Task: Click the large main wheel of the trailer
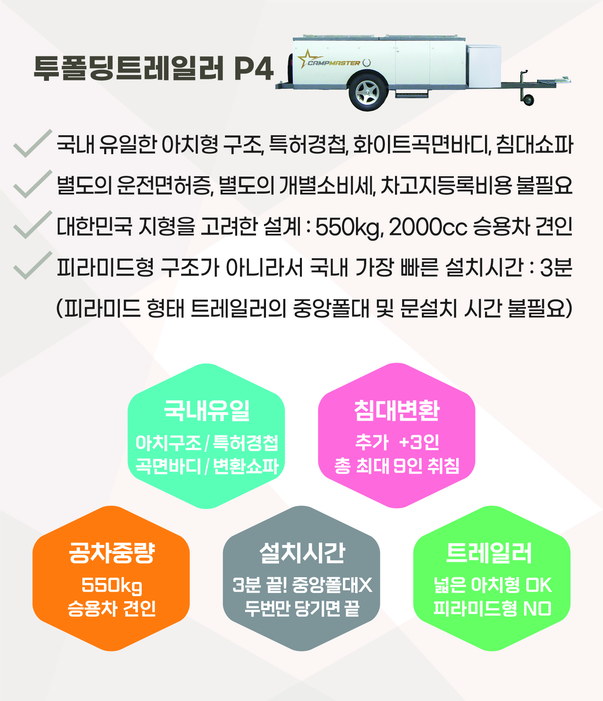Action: (x=367, y=93)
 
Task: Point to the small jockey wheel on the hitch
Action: (x=528, y=100)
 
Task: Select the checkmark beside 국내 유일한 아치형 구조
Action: (x=32, y=144)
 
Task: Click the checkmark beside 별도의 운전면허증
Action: (x=32, y=185)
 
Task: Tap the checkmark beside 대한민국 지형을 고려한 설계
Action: (x=32, y=225)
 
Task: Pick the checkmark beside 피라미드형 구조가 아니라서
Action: (x=32, y=266)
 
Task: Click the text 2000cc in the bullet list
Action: (x=428, y=227)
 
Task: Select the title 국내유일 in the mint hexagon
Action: (x=207, y=410)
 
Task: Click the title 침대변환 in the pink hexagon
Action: (x=397, y=410)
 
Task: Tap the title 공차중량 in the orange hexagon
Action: (x=112, y=553)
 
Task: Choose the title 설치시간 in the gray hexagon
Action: (x=302, y=553)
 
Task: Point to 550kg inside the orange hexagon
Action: (x=112, y=585)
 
